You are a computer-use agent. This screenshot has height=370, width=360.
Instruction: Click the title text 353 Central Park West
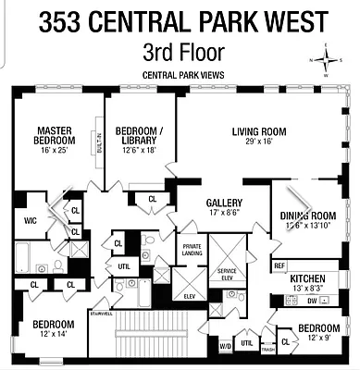(x=180, y=20)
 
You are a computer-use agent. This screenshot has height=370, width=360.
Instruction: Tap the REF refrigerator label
(x=279, y=266)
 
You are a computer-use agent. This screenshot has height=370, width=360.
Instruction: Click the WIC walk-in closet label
(x=30, y=220)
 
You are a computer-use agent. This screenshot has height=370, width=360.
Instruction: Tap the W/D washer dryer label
(x=224, y=347)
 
